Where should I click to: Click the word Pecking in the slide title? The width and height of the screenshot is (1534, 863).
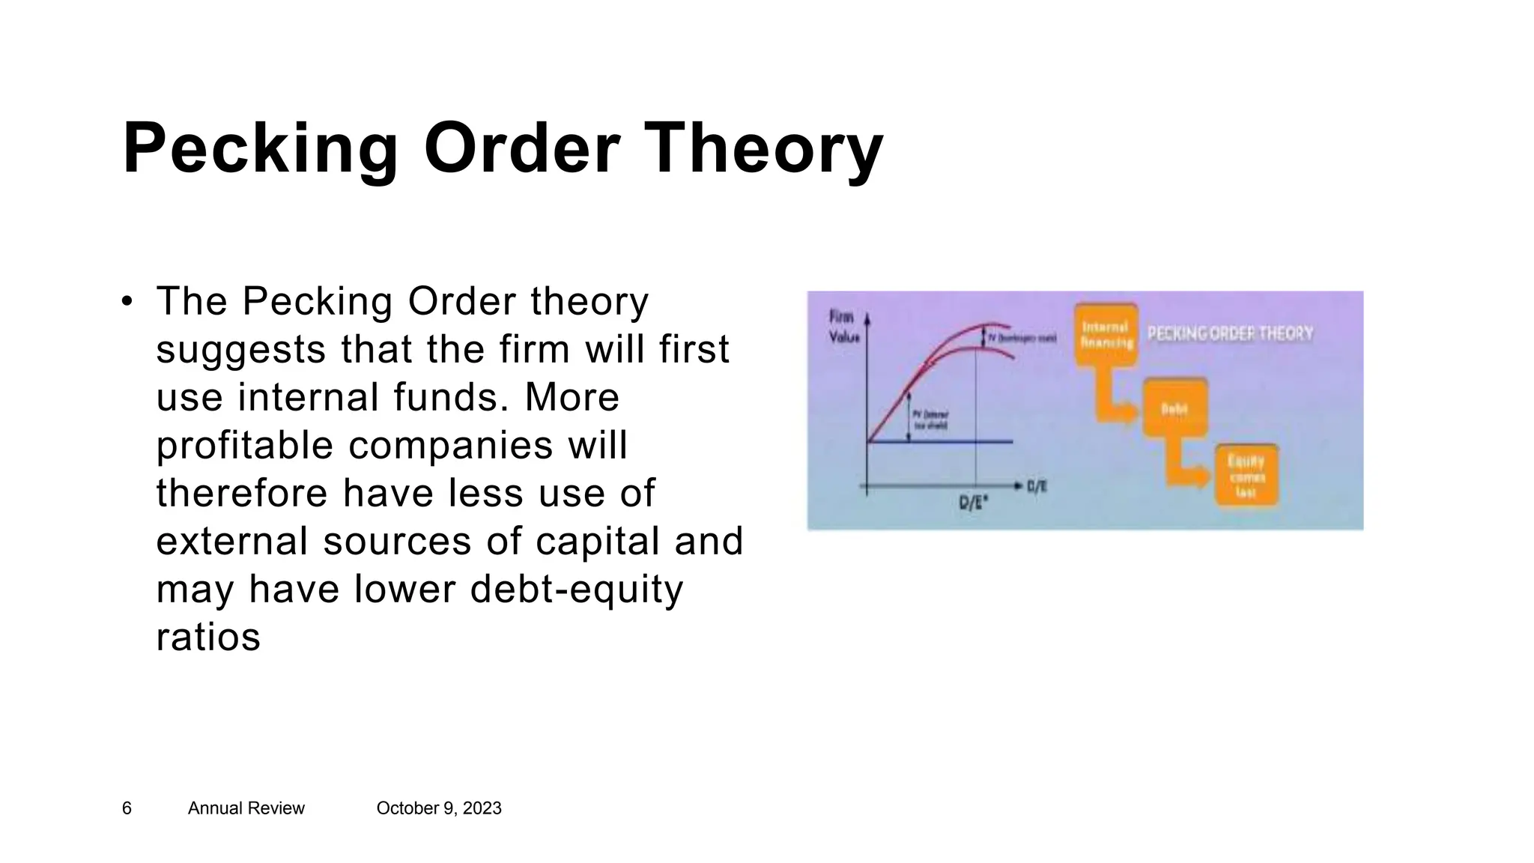260,150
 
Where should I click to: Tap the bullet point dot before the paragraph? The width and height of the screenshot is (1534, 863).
127,303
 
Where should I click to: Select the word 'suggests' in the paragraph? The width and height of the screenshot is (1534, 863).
240,351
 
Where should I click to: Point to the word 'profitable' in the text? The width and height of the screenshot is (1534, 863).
244,446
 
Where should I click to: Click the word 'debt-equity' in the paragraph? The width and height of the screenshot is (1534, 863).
577,589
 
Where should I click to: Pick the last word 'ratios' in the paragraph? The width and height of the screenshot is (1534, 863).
208,637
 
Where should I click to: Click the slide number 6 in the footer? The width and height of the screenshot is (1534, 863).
127,808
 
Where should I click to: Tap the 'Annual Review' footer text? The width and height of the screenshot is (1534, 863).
246,808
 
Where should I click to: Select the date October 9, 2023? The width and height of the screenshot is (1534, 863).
438,808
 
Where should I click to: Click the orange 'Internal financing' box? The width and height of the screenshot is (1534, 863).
1106,335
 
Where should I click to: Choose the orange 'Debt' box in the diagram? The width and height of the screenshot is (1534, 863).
1174,408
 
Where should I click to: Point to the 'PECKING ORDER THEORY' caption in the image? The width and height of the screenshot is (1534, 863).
1230,333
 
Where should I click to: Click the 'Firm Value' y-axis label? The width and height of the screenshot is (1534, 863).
843,327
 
